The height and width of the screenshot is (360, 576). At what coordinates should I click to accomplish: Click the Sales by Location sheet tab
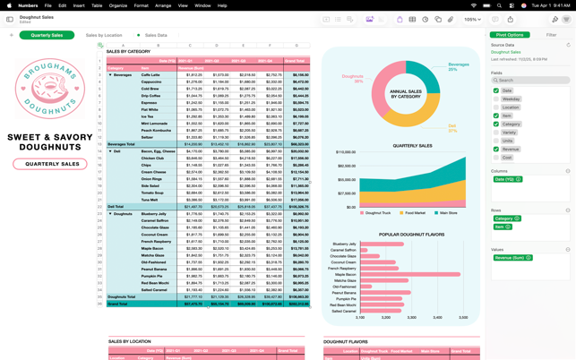104,36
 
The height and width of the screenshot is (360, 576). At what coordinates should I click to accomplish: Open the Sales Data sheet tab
155,36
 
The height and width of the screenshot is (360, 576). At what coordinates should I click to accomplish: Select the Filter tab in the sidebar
551,35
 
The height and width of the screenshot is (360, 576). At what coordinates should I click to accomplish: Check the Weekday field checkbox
496,99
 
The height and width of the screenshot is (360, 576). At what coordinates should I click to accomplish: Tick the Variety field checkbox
496,133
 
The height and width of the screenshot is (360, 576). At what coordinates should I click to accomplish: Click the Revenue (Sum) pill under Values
512,258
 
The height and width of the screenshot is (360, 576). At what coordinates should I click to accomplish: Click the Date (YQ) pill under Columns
508,179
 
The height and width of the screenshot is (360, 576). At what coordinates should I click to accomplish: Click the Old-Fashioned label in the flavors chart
344,287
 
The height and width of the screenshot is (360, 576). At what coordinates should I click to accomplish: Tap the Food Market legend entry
415,213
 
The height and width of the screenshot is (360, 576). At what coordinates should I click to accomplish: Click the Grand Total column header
293,61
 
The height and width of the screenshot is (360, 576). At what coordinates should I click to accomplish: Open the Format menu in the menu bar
142,5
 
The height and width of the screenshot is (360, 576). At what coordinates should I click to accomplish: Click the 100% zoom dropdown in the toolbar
472,19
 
